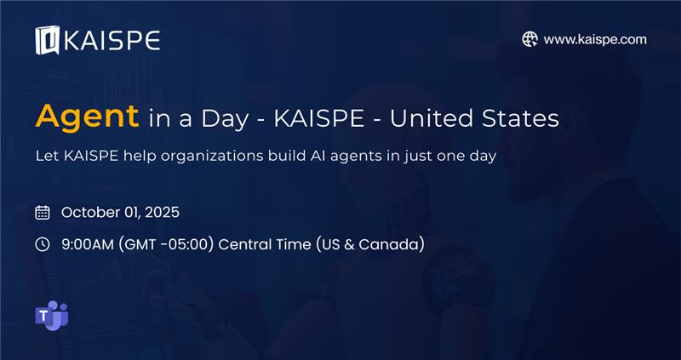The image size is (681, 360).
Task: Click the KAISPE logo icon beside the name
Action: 48,40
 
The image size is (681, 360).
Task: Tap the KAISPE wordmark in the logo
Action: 112,41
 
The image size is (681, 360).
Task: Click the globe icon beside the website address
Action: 529,39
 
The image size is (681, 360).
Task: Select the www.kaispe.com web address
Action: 595,39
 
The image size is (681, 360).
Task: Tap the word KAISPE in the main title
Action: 318,118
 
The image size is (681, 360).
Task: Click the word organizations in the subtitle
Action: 211,157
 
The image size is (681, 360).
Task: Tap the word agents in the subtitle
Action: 357,157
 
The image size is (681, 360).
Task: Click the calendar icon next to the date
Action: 42,213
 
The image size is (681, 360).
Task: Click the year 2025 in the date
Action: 162,213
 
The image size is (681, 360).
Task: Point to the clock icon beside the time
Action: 42,244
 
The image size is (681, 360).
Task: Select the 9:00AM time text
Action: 88,244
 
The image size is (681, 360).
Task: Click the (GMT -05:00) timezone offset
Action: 165,244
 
